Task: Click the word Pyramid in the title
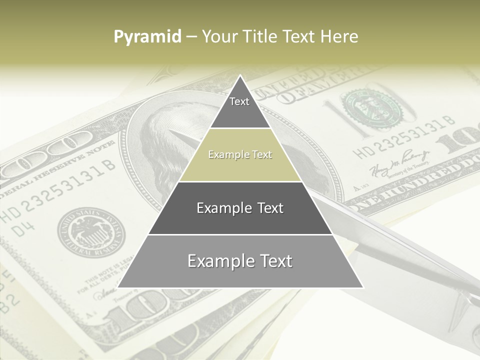click(x=147, y=36)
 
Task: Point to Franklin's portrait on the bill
click(x=165, y=150)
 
